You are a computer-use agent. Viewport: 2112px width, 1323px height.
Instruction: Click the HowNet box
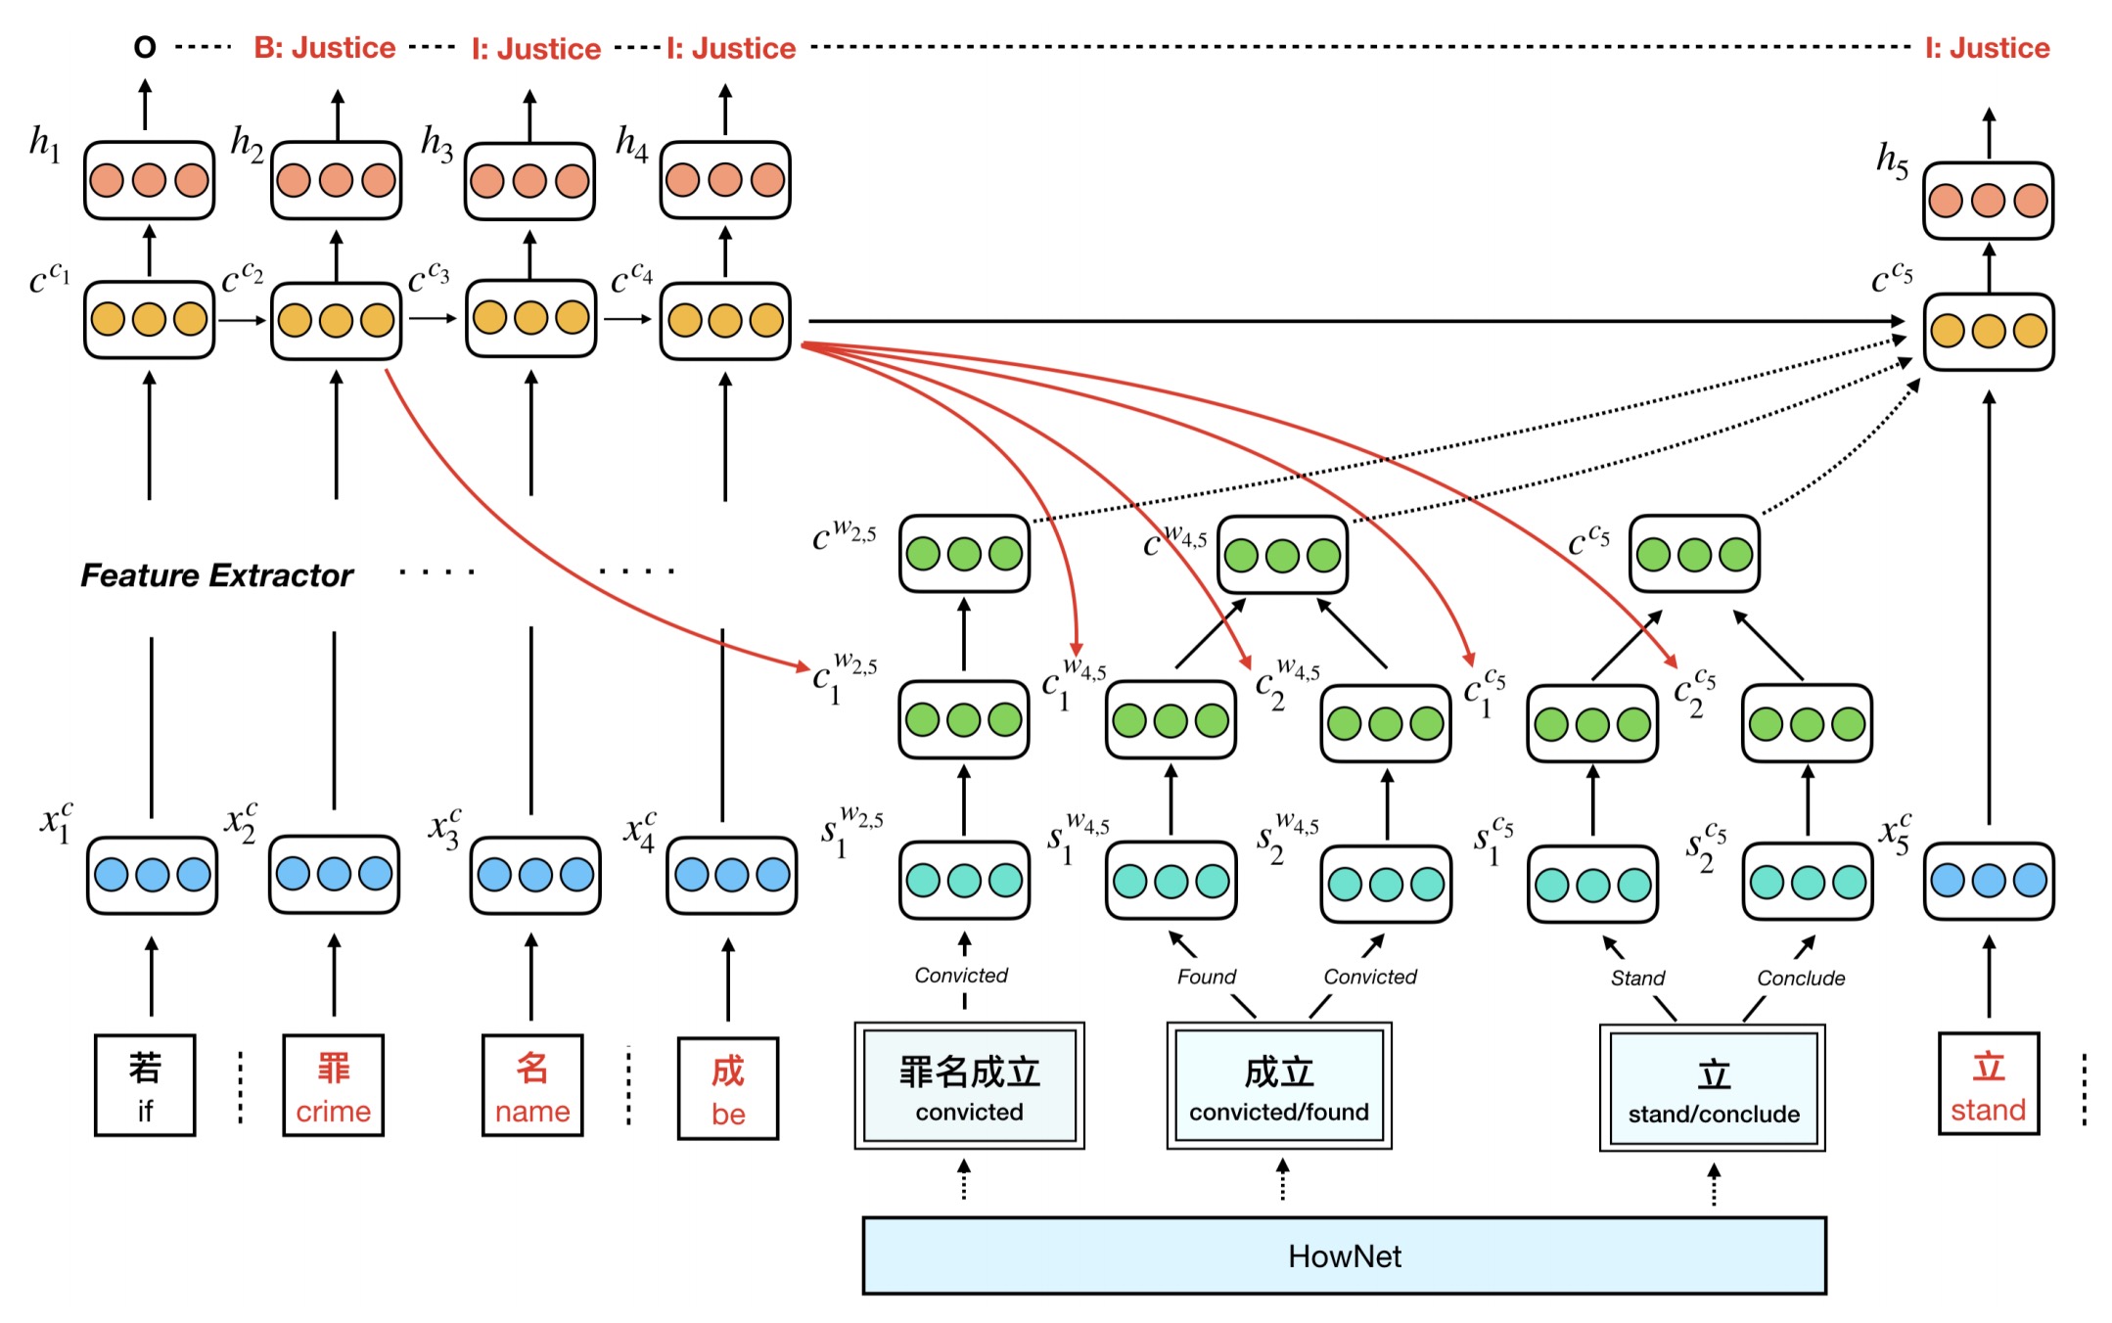click(1344, 1255)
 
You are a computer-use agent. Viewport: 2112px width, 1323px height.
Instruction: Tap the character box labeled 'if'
click(145, 1085)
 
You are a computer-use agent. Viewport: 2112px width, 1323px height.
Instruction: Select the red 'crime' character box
click(333, 1085)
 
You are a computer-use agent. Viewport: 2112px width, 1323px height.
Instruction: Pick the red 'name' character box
click(532, 1085)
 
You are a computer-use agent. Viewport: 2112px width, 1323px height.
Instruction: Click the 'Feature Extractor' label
click(216, 575)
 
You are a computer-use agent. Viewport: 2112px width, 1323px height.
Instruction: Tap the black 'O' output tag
click(145, 47)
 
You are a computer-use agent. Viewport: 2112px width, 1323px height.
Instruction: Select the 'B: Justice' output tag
click(324, 48)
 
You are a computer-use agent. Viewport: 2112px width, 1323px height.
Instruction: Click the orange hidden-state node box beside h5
click(1988, 202)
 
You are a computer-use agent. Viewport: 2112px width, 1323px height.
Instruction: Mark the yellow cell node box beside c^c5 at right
click(1988, 332)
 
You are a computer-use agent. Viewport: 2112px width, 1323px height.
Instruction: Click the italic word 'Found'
click(1206, 977)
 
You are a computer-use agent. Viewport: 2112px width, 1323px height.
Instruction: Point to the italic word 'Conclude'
click(1801, 978)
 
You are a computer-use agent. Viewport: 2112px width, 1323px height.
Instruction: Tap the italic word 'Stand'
click(1637, 978)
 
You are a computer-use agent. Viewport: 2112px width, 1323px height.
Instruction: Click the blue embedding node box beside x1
click(152, 875)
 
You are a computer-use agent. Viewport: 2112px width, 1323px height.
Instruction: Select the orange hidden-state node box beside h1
click(149, 181)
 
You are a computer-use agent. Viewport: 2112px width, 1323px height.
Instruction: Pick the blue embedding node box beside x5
click(1989, 881)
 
